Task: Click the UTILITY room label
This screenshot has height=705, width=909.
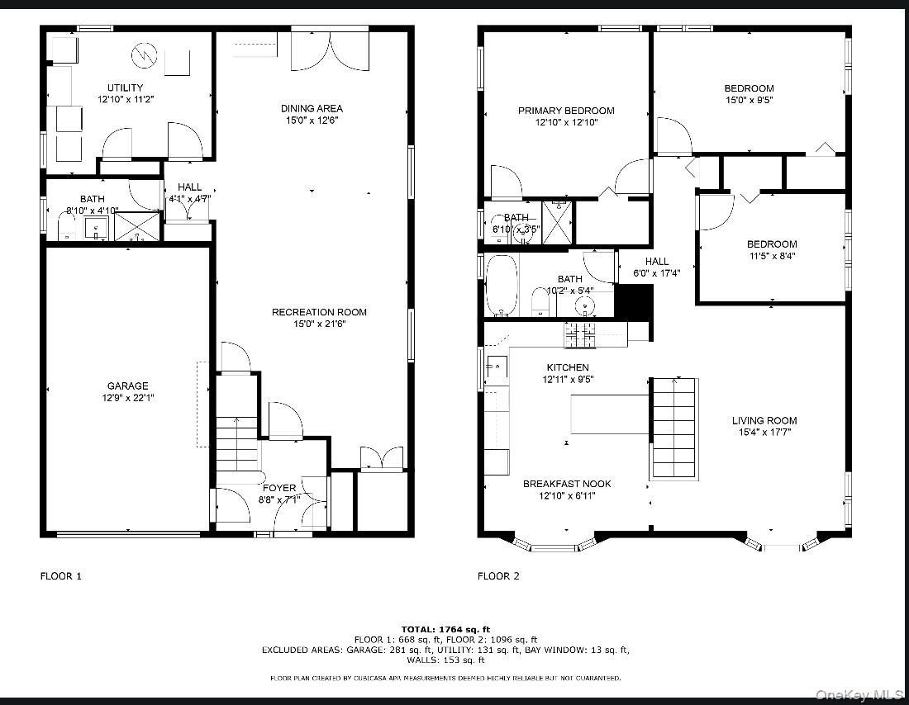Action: coord(125,88)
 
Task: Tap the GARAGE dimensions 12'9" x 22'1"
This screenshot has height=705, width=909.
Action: coord(127,397)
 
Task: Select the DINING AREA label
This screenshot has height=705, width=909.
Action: coord(312,108)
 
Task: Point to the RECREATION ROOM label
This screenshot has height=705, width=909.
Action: coord(319,312)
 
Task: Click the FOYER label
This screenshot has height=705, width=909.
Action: coord(279,488)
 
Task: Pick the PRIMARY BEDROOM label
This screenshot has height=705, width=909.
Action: coord(566,111)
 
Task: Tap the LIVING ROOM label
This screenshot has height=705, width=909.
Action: coord(764,420)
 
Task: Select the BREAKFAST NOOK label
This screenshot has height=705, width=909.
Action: coord(567,484)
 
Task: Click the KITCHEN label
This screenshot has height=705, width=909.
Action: coord(567,367)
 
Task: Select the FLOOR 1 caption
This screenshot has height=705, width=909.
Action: coord(61,576)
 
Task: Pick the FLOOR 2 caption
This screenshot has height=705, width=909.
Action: coord(498,576)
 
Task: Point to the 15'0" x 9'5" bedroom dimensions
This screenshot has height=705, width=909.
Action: coord(749,100)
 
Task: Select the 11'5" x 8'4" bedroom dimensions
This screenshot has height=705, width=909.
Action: coord(772,256)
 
